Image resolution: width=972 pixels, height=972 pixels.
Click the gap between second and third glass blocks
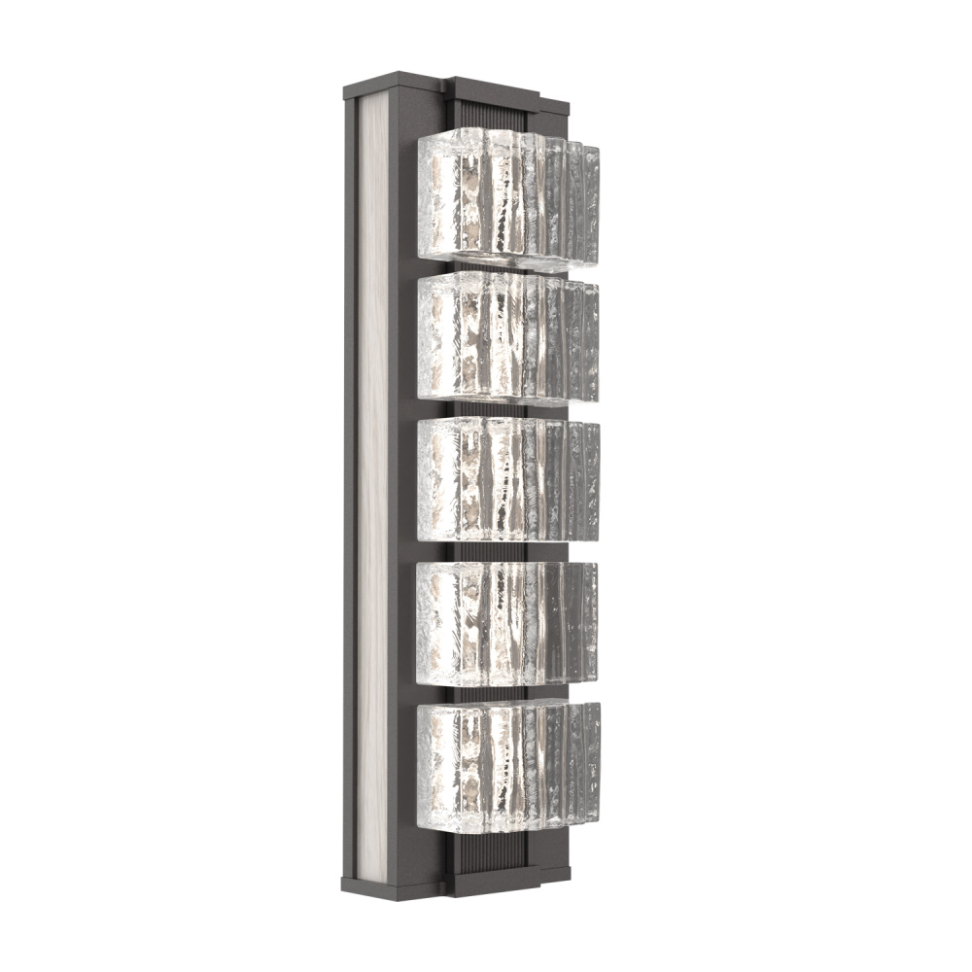tap(486, 409)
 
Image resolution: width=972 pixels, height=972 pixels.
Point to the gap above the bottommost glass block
tap(486, 693)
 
